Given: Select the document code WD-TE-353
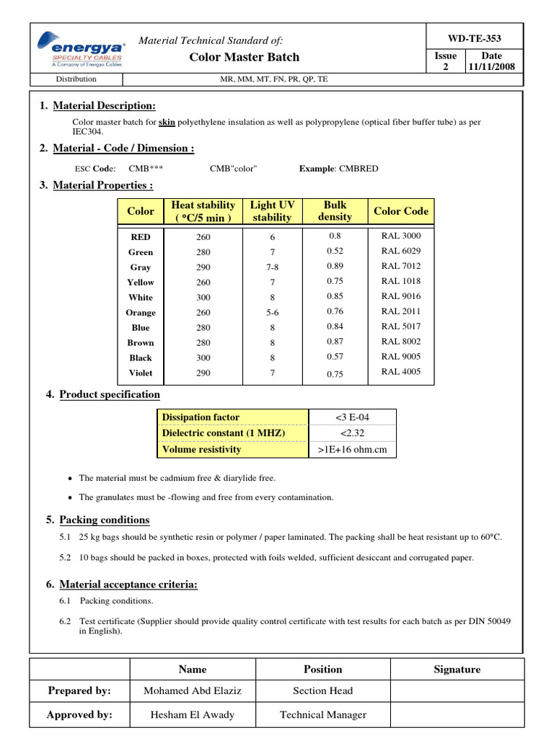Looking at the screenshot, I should click(x=474, y=38).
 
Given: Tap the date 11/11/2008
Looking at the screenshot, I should click(x=491, y=67).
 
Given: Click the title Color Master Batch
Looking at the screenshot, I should click(x=244, y=57).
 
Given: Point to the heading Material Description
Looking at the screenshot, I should click(x=104, y=106).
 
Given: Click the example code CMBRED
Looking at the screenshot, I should click(x=338, y=169).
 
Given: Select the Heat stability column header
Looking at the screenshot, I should click(x=203, y=211).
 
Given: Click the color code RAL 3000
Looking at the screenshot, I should click(x=401, y=236).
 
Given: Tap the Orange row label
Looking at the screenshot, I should click(x=141, y=313).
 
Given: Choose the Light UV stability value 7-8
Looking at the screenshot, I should click(x=273, y=267).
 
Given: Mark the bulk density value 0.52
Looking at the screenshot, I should click(x=335, y=252).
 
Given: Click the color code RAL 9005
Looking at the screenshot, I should click(x=401, y=357).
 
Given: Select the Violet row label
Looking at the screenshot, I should click(x=141, y=373).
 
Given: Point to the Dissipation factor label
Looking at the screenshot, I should click(x=201, y=417).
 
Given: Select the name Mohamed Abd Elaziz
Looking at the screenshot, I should click(x=193, y=691).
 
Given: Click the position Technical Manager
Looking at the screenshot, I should click(x=322, y=715).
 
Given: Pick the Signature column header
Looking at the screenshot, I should click(x=457, y=670).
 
